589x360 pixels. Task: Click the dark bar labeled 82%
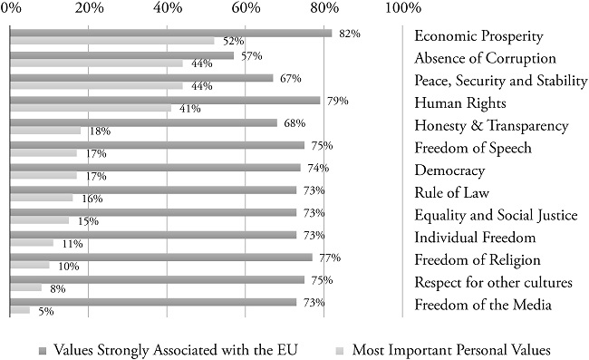(170, 33)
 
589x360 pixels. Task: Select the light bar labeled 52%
(111, 41)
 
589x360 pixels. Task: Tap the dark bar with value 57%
(121, 55)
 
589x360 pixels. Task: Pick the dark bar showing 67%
(140, 78)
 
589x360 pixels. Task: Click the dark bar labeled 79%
(164, 101)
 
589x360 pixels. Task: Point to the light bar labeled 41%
(90, 109)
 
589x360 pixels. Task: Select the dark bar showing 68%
(143, 122)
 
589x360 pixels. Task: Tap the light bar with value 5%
(19, 310)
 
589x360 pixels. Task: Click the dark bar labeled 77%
(160, 258)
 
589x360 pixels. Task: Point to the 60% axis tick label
(246, 9)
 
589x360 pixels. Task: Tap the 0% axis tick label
(11, 9)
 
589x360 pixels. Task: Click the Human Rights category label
(455, 103)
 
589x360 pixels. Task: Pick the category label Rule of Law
(451, 192)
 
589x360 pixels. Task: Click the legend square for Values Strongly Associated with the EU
(42, 349)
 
